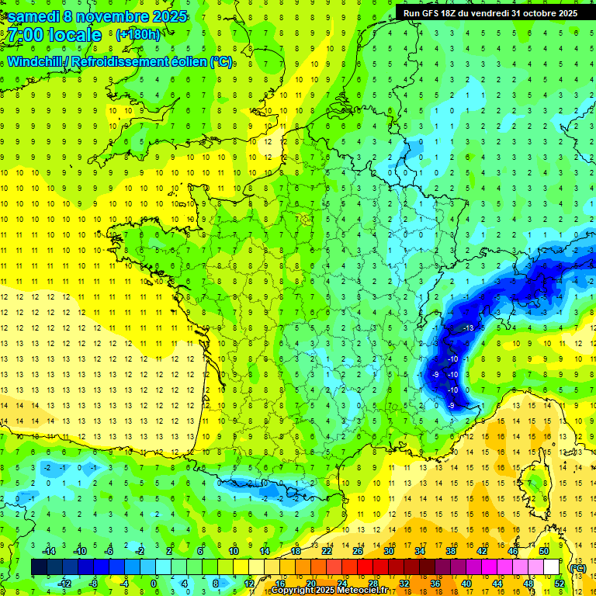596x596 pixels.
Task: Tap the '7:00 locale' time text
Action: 55,36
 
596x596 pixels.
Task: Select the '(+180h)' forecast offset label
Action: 138,34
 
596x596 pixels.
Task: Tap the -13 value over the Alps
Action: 468,329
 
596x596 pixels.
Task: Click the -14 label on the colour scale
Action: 49,551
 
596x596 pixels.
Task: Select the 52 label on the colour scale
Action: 559,583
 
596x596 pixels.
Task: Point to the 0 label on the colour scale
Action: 154,583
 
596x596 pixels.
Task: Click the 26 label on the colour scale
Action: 358,551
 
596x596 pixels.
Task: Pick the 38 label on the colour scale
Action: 450,551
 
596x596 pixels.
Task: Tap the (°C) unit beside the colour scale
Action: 577,568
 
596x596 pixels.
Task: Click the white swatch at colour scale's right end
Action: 551,567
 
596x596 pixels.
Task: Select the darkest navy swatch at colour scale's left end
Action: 40,567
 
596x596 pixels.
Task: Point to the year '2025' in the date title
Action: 165,16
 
